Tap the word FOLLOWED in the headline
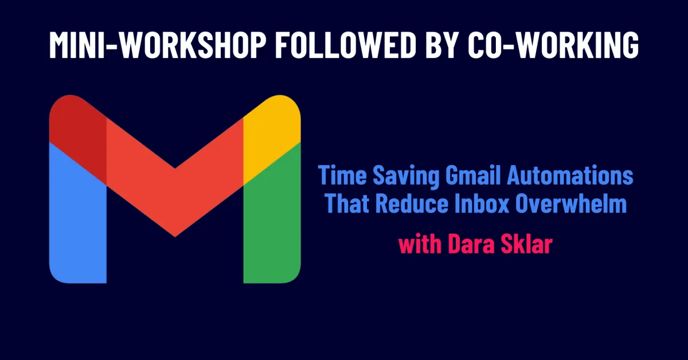point(346,45)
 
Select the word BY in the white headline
point(442,45)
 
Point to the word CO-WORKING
point(553,45)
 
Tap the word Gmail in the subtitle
point(474,175)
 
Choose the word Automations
point(570,175)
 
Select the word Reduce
point(412,203)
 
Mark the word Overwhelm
point(571,203)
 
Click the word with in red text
point(420,244)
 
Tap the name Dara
point(471,244)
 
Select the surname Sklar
point(526,244)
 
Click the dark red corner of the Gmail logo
point(79,135)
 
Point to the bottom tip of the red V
point(175,237)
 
